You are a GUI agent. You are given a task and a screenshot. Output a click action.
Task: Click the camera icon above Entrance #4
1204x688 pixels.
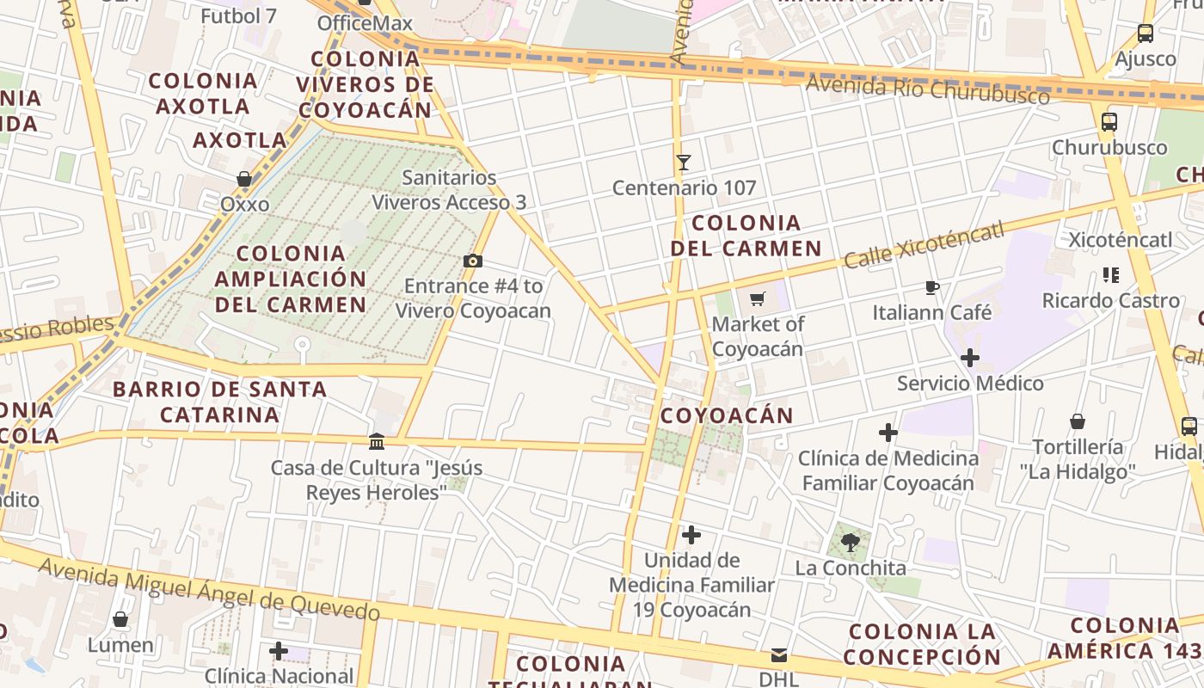point(472,261)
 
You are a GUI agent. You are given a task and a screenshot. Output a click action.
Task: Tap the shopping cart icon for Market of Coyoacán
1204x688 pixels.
point(757,299)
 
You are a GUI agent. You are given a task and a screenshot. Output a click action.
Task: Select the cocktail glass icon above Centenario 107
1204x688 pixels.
point(684,162)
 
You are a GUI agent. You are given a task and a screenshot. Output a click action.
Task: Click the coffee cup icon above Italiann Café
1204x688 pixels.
point(931,287)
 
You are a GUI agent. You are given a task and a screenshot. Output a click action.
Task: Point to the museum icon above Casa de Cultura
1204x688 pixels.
point(377,442)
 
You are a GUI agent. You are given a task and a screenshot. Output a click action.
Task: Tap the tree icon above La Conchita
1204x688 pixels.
point(850,543)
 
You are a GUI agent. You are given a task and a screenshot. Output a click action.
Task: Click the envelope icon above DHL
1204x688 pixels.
point(779,655)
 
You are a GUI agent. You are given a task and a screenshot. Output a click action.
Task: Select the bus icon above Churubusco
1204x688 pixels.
point(1109,122)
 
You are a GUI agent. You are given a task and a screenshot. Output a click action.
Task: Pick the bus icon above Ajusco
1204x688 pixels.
point(1146,34)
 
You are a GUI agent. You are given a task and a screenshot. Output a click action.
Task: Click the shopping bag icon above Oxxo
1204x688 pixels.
point(244,179)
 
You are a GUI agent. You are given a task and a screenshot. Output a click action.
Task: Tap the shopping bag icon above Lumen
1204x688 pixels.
point(120,619)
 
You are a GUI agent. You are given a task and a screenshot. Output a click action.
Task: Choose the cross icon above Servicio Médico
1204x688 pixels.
point(970,358)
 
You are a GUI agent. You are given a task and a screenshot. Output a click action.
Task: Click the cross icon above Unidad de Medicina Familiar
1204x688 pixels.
point(691,536)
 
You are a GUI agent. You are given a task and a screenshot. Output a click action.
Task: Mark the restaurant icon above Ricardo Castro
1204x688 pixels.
point(1110,275)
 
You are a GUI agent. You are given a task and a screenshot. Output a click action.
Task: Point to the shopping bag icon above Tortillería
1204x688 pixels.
point(1078,421)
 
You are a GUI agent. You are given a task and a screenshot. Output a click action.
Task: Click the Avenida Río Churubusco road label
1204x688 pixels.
point(928,89)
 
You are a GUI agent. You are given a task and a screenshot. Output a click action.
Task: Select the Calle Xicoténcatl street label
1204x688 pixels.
point(924,245)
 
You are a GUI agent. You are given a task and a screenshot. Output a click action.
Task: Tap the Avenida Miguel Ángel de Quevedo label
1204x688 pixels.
point(209,590)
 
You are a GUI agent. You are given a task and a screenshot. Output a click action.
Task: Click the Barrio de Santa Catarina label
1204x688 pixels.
point(219,402)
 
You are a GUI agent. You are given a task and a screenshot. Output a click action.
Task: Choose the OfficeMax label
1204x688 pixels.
point(365,22)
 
